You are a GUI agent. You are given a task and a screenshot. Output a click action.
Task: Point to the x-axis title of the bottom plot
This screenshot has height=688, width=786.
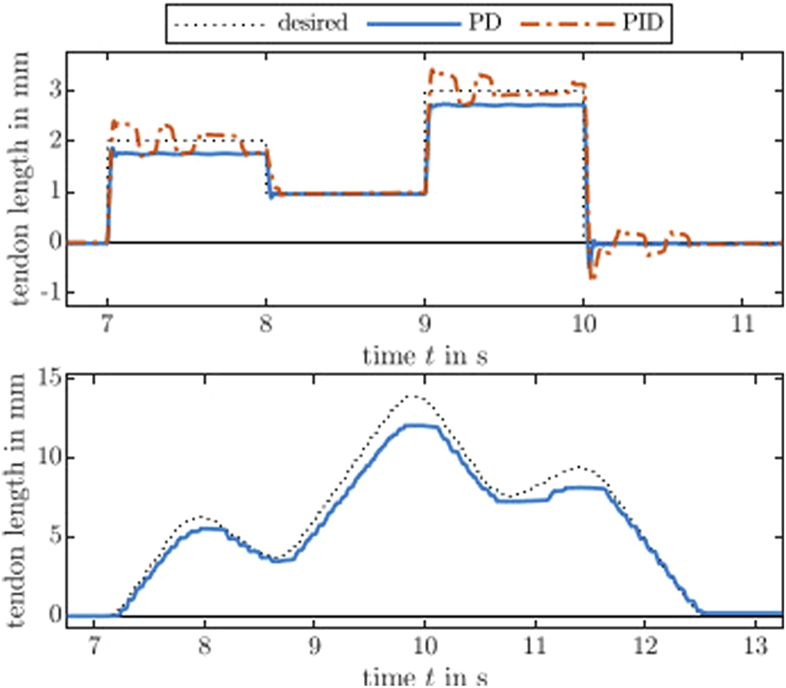click(x=424, y=676)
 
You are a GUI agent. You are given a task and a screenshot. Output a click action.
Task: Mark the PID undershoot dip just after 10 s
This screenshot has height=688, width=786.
click(x=593, y=276)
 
